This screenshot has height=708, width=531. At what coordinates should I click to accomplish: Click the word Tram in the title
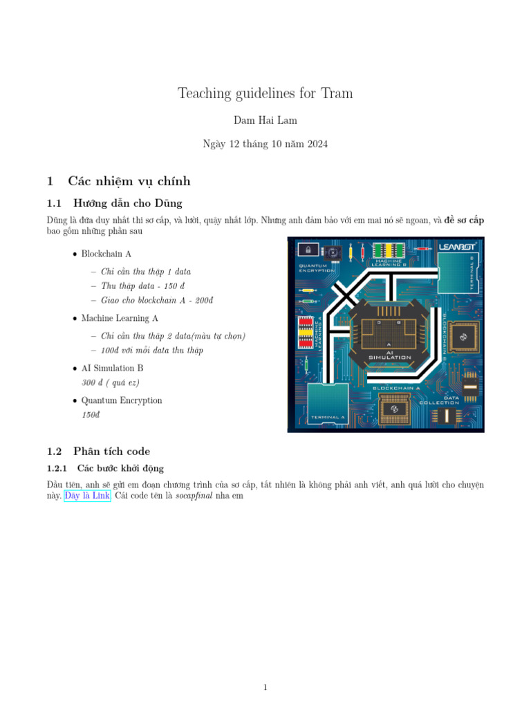click(x=337, y=93)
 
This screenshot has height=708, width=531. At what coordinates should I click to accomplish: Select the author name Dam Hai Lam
click(x=265, y=120)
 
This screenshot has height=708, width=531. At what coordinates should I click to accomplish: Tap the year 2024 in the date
click(x=313, y=145)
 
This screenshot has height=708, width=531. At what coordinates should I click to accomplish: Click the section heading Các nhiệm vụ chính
click(x=129, y=181)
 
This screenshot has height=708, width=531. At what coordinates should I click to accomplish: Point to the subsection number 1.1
click(x=55, y=203)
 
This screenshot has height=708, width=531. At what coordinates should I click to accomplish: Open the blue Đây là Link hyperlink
click(x=87, y=496)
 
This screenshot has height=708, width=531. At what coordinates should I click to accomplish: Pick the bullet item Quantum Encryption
click(x=122, y=400)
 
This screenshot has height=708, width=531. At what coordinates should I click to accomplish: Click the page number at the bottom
click(x=265, y=687)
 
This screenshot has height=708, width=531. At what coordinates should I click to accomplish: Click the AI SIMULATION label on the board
click(x=389, y=355)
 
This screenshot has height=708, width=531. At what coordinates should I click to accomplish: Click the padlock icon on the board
click(x=307, y=250)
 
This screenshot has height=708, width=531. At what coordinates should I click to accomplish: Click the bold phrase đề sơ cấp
click(x=464, y=221)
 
